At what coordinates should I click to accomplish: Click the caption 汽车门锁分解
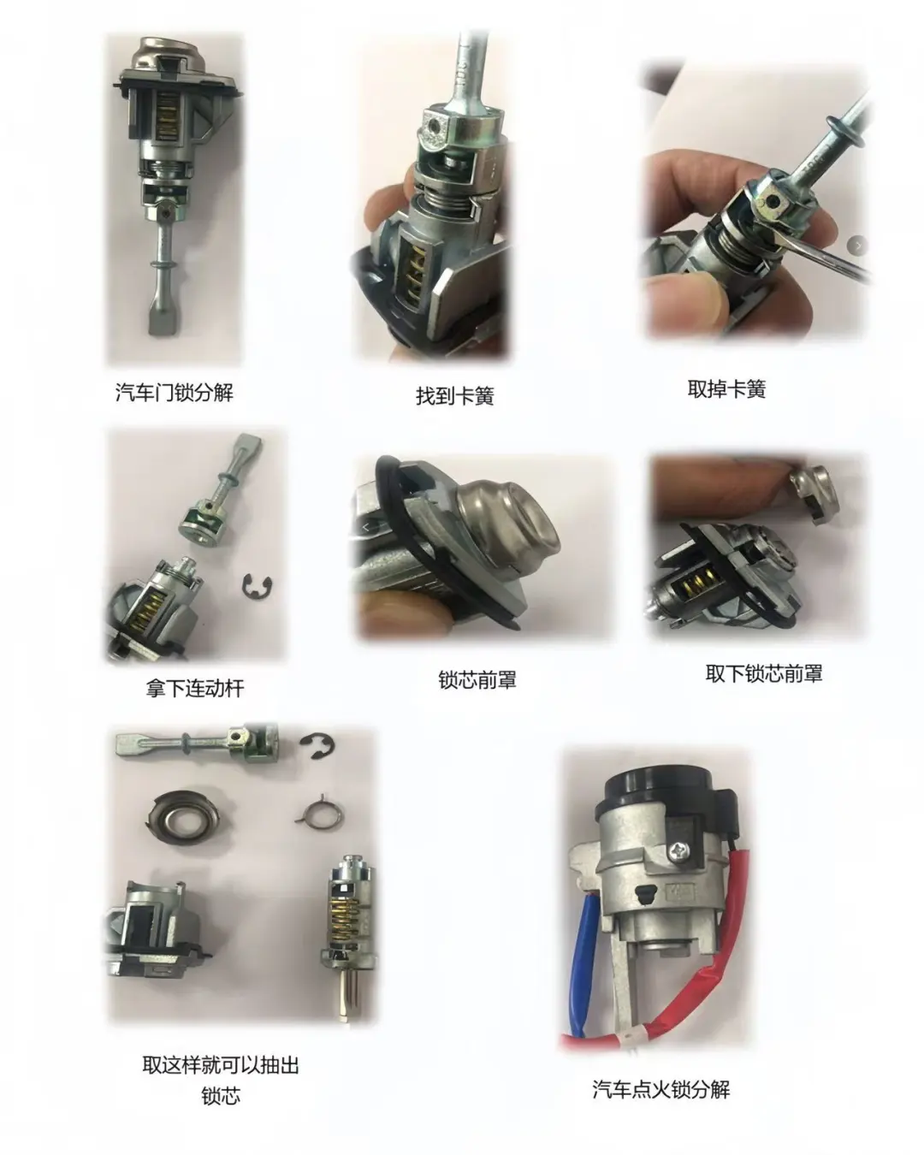[x=174, y=393]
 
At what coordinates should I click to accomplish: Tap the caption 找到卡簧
[x=454, y=396]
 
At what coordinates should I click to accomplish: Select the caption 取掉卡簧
[x=726, y=389]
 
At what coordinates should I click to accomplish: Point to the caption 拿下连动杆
[x=194, y=688]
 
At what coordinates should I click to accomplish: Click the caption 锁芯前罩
[x=477, y=680]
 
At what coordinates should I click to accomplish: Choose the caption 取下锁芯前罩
[x=763, y=673]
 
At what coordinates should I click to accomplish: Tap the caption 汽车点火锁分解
[x=660, y=1089]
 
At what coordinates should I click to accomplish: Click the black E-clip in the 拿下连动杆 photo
[x=254, y=584]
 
